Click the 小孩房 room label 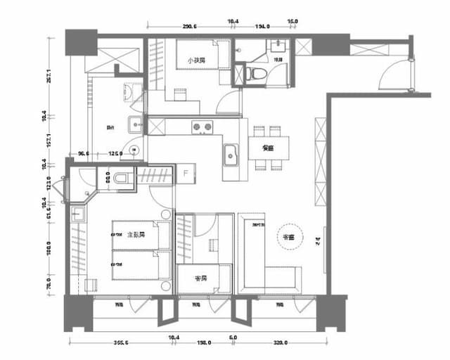(196, 62)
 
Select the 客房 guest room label (200, 279)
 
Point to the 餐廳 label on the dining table (267, 148)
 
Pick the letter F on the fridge (185, 172)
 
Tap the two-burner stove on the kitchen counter (203, 127)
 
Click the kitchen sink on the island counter (230, 153)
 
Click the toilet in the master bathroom (124, 179)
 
